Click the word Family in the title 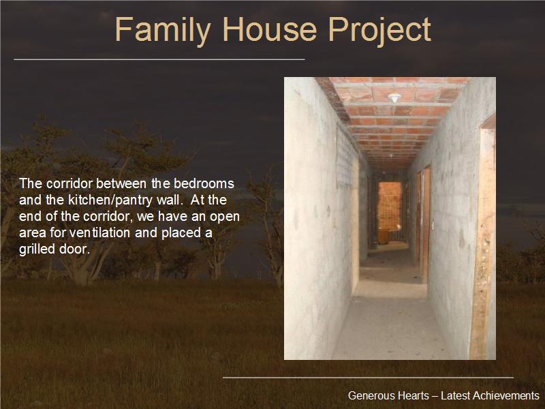pyautogui.click(x=163, y=31)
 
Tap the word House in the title pyautogui.click(x=270, y=29)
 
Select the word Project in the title pyautogui.click(x=379, y=31)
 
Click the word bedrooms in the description pyautogui.click(x=204, y=183)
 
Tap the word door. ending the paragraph pyautogui.click(x=75, y=249)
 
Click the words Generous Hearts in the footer pyautogui.click(x=388, y=395)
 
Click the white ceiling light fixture pyautogui.click(x=394, y=97)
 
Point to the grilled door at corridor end pyautogui.click(x=389, y=212)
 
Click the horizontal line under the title pyautogui.click(x=159, y=59)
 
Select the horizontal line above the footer pyautogui.click(x=368, y=378)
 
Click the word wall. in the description pyautogui.click(x=169, y=200)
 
